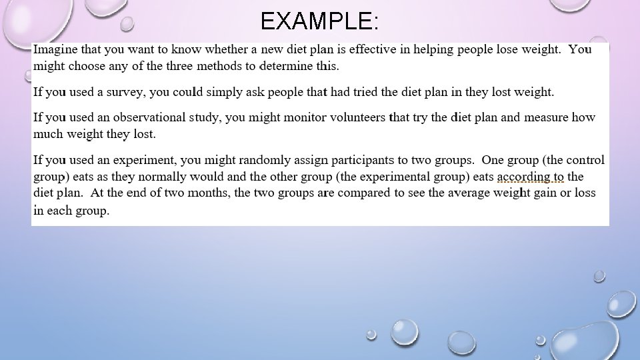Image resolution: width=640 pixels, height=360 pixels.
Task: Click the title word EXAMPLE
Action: [320, 22]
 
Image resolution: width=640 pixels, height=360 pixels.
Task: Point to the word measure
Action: [545, 117]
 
